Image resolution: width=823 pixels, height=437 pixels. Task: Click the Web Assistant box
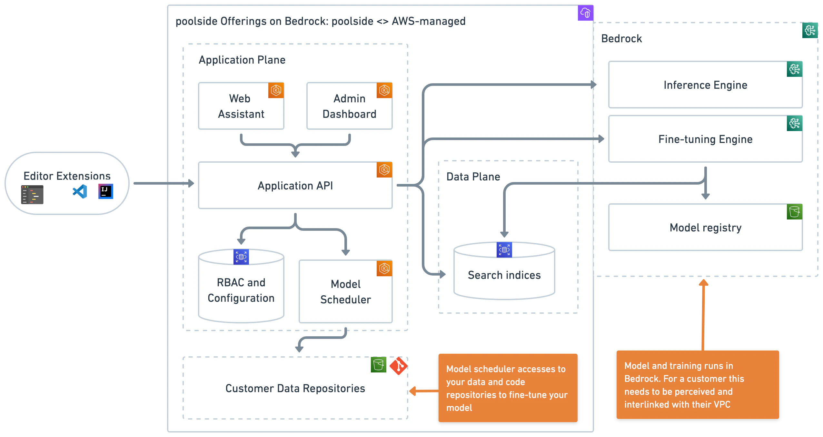tap(241, 106)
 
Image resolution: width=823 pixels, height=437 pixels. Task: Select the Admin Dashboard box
tap(349, 106)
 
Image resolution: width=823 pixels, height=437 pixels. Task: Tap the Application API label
tap(295, 186)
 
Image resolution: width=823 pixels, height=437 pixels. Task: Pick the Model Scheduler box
tap(345, 292)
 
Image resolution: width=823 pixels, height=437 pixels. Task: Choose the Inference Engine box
tap(705, 85)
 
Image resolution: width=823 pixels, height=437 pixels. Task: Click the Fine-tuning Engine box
tap(705, 139)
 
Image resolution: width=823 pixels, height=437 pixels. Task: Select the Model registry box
tap(705, 228)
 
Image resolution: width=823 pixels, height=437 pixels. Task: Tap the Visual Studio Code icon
tap(80, 191)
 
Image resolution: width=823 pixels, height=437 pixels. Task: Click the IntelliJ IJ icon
tap(105, 191)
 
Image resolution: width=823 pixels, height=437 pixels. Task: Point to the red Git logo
tap(398, 366)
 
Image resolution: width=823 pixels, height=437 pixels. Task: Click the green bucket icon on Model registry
tap(794, 212)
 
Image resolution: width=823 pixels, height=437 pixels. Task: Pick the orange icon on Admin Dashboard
tap(384, 90)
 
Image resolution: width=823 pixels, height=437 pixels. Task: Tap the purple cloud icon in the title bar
tap(585, 13)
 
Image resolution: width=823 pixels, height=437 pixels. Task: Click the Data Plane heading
tap(473, 177)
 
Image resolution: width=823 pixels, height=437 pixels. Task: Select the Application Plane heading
tap(242, 60)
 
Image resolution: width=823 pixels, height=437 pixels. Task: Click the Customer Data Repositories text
tap(295, 388)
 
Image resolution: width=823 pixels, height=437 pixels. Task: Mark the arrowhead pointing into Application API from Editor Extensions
tap(191, 183)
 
